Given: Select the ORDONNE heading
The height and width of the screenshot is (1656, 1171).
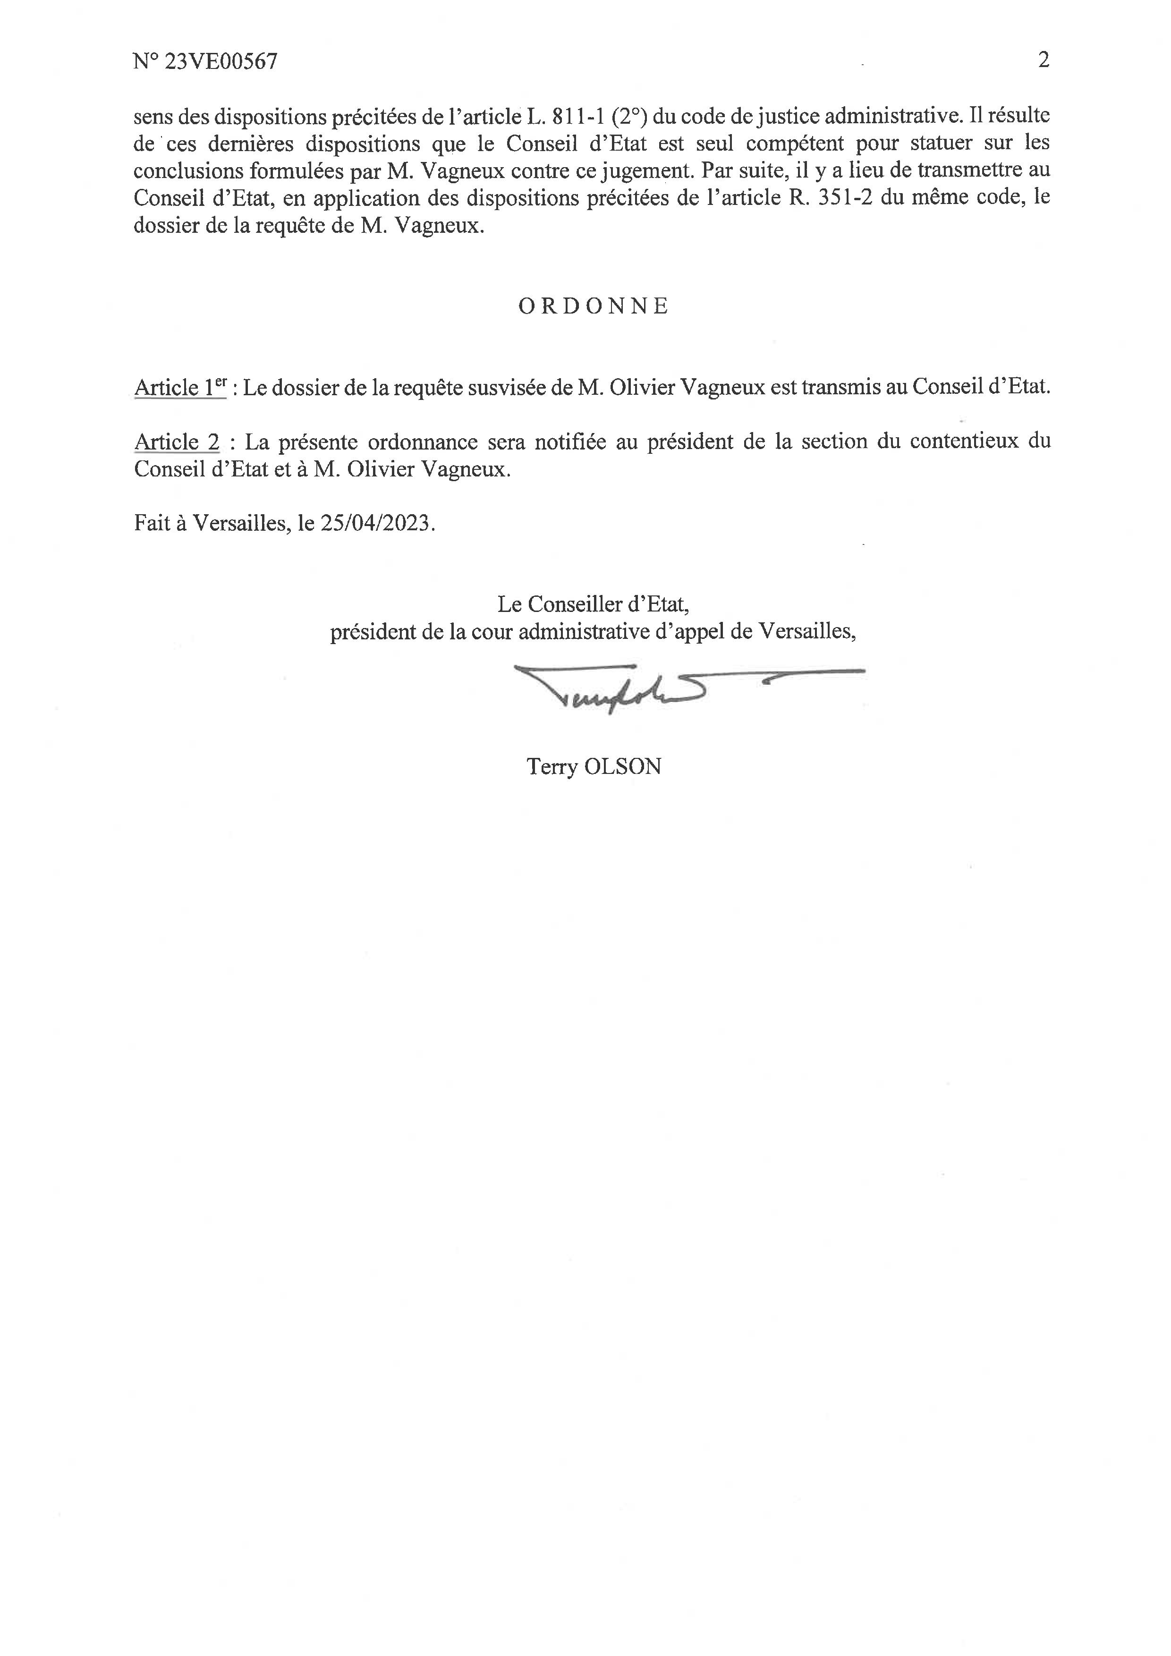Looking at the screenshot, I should [594, 306].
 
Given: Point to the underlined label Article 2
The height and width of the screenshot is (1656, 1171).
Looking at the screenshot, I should [177, 442].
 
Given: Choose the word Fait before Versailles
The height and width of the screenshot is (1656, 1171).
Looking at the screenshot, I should [150, 523].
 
